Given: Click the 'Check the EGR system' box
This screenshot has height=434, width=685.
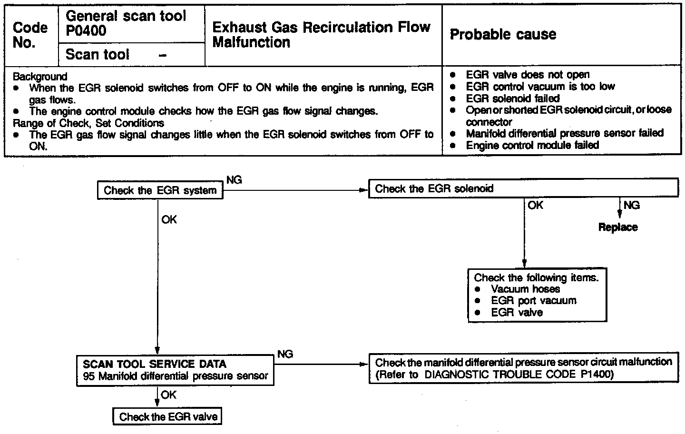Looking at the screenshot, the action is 160,191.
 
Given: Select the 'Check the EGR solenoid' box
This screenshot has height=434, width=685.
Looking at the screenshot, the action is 523,188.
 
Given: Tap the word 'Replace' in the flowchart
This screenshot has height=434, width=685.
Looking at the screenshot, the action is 618,227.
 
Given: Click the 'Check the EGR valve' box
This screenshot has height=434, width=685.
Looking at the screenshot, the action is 168,417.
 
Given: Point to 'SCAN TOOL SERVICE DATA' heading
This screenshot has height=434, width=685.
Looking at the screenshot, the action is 155,365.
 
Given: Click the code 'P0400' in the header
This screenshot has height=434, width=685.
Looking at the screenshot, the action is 86,31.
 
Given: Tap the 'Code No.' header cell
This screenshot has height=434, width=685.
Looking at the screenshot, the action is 30,35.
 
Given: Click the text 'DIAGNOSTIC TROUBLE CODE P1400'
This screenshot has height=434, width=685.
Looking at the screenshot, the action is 519,375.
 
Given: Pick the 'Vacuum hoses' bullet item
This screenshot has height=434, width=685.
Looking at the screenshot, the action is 525,289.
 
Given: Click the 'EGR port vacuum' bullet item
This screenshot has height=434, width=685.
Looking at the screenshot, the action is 533,301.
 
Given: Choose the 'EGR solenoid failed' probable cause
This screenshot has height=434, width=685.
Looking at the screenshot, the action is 513,99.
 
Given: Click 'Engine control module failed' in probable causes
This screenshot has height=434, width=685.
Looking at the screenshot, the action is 532,145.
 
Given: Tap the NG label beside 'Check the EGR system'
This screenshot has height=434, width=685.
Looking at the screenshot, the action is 234,180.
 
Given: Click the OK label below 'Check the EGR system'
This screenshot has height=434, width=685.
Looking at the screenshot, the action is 169,220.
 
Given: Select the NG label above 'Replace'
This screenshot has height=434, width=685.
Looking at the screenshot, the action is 632,206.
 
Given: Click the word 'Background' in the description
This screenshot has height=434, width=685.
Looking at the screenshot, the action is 40,77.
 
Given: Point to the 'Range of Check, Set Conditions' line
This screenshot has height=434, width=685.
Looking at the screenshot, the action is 88,123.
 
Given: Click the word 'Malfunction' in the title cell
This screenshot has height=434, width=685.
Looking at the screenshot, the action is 251,42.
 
